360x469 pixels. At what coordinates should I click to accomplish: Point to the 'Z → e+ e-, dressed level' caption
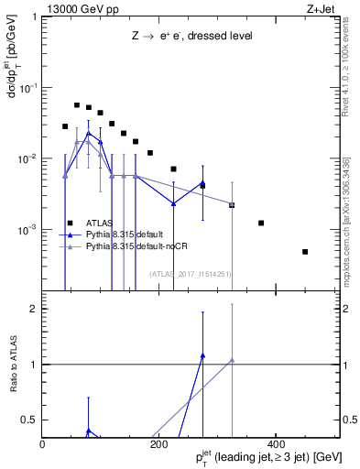191,36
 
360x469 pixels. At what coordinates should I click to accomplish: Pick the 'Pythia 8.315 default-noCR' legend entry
136,246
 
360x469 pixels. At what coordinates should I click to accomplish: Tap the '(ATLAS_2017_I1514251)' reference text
191,274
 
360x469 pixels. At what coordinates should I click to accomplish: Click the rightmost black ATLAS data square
305,252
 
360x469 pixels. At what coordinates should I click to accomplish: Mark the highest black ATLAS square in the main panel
77,104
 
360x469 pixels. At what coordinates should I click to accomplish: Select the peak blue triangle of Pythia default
88,134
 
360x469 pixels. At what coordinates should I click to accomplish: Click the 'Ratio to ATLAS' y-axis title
15,364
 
